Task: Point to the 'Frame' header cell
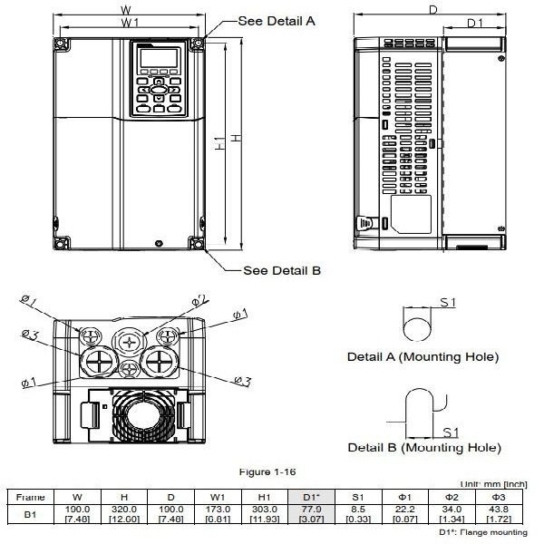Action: (32, 497)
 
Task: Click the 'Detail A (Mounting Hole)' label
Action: (423, 357)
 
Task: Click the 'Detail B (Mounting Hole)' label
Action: (423, 448)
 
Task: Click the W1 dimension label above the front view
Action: (131, 20)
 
